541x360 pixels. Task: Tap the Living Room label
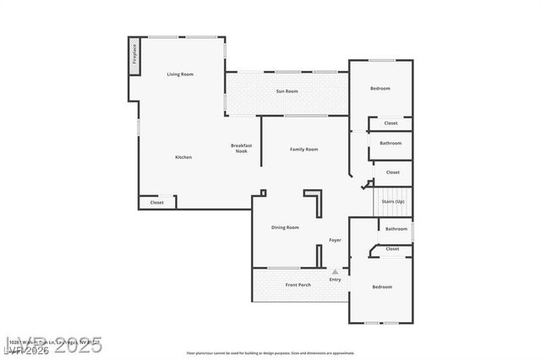point(180,74)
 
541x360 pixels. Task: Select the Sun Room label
point(287,91)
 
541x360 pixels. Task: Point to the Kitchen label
point(183,157)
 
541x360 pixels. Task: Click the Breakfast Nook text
point(241,148)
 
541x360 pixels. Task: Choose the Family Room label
point(303,150)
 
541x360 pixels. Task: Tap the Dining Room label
point(285,227)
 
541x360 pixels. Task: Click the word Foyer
point(335,241)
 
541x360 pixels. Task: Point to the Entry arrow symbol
point(335,272)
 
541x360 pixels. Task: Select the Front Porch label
point(298,285)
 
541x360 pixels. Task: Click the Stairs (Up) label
point(393,202)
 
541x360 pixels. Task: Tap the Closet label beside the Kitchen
point(157,203)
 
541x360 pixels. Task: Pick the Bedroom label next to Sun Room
point(380,89)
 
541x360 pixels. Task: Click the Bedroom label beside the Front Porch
point(382,287)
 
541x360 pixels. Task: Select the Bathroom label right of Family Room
point(391,144)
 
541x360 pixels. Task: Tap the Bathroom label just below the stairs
point(396,229)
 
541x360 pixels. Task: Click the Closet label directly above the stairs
point(393,172)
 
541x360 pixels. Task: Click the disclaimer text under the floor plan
point(270,352)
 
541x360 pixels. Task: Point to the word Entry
point(335,280)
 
